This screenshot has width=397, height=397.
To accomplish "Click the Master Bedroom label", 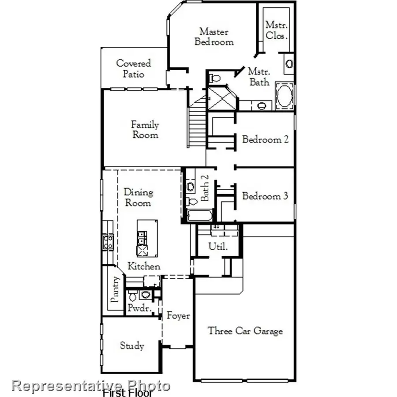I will click(214, 37).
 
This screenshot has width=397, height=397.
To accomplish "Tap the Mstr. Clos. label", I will click(277, 30).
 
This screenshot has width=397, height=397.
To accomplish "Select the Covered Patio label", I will click(134, 69).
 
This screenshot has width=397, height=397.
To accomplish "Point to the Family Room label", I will click(145, 130).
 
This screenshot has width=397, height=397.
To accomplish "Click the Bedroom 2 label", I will click(266, 140).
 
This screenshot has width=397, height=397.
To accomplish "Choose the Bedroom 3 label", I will click(265, 196).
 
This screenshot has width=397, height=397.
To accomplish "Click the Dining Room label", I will click(139, 198).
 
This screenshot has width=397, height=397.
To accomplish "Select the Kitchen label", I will click(144, 266).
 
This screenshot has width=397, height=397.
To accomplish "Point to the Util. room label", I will click(218, 247).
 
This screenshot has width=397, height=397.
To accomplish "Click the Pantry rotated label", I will click(115, 289).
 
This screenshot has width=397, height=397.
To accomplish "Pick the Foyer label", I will click(178, 316).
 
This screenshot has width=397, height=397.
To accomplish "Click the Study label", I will click(132, 345).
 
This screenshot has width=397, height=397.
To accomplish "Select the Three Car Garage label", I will click(245, 331).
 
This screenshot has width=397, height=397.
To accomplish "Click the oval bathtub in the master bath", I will click(285, 96).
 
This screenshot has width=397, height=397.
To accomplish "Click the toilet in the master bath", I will click(215, 78).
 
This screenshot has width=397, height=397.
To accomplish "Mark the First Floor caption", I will click(128, 392).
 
